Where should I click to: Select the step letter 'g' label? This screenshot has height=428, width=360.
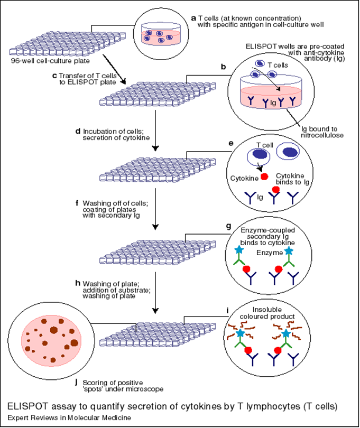228,226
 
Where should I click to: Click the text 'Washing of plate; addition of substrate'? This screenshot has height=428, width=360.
117,289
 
